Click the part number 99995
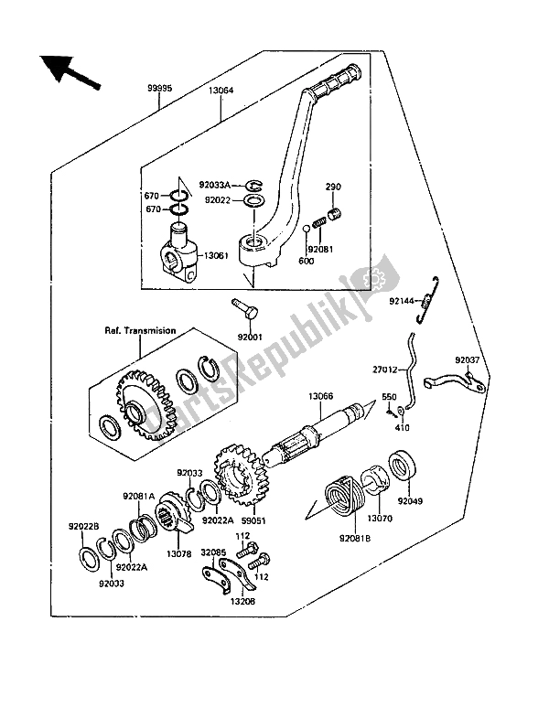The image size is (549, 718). (x=160, y=89)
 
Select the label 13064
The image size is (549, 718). (x=221, y=91)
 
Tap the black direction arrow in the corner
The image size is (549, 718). (x=69, y=73)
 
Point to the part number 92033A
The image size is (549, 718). (x=214, y=186)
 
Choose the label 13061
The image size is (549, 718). (x=216, y=255)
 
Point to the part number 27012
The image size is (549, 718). (x=385, y=370)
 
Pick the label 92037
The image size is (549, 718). (x=467, y=360)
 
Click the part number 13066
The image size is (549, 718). (x=321, y=397)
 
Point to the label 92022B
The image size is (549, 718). (x=84, y=527)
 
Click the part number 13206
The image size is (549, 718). (x=243, y=601)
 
